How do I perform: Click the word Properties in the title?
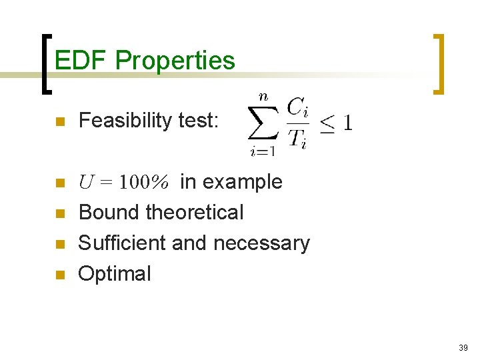175,61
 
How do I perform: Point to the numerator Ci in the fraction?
297,107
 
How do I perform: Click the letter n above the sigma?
263,97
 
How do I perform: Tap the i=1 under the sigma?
263,151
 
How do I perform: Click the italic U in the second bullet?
85,182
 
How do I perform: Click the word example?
242,182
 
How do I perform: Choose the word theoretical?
195,213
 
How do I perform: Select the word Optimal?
115,274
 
